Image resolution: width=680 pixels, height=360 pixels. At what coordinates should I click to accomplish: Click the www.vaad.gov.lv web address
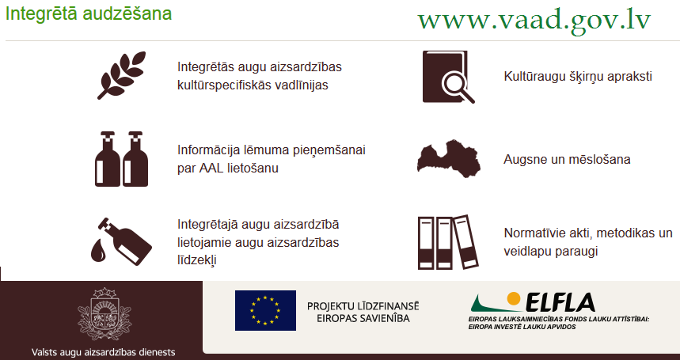534,20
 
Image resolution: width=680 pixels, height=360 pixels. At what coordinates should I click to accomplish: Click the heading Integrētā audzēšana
89,14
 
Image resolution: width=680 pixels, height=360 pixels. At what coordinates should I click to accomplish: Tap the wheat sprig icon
121,75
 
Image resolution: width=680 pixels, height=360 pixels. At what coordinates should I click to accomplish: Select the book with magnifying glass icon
448,77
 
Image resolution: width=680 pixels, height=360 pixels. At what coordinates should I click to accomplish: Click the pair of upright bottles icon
121,159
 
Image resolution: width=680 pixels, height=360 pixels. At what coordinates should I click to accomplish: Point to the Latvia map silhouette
449,158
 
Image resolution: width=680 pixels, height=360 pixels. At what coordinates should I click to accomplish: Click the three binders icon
448,242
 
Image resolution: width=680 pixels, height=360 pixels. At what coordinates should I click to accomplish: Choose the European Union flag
265,311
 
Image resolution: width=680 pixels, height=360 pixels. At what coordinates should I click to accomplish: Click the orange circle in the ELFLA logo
514,298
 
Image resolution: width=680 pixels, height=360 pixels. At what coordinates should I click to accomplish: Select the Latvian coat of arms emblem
104,313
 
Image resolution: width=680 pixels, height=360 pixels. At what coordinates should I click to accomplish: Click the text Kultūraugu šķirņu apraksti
578,77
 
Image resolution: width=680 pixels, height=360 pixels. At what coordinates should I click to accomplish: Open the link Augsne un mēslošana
567,159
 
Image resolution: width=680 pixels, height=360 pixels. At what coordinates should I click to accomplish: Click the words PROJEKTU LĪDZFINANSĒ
363,306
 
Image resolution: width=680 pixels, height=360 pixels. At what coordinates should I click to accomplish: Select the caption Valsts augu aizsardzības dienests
103,352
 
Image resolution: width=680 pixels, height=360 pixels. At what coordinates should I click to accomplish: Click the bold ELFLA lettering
560,302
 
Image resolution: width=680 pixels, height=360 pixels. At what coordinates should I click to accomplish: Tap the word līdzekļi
196,260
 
